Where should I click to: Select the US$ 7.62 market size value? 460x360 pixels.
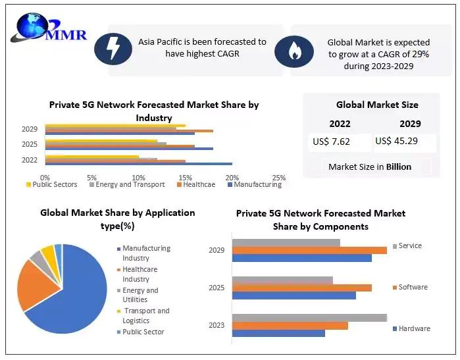pyautogui.click(x=332, y=141)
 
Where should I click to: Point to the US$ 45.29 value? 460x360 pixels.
pyautogui.click(x=397, y=141)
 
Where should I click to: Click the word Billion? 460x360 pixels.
pyautogui.click(x=399, y=167)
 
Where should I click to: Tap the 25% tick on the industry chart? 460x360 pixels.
pyautogui.click(x=278, y=178)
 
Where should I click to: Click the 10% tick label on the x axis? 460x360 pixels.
pyautogui.click(x=138, y=178)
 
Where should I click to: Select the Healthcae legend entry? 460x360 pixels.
pyautogui.click(x=195, y=185)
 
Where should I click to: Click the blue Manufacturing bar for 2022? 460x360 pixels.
pyautogui.click(x=138, y=163)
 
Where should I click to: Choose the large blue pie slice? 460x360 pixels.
pyautogui.click(x=72, y=290)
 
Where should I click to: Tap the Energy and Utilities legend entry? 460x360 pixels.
pyautogui.click(x=140, y=295)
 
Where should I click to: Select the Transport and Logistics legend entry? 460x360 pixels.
pyautogui.click(x=145, y=315)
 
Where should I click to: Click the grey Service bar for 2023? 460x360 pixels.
pyautogui.click(x=309, y=318)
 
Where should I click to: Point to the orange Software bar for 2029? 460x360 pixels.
pyautogui.click(x=309, y=250)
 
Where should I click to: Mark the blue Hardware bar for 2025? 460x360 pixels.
pyautogui.click(x=294, y=296)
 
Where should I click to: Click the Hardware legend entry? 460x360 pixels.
pyautogui.click(x=413, y=328)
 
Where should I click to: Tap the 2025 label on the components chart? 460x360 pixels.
pyautogui.click(x=217, y=288)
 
